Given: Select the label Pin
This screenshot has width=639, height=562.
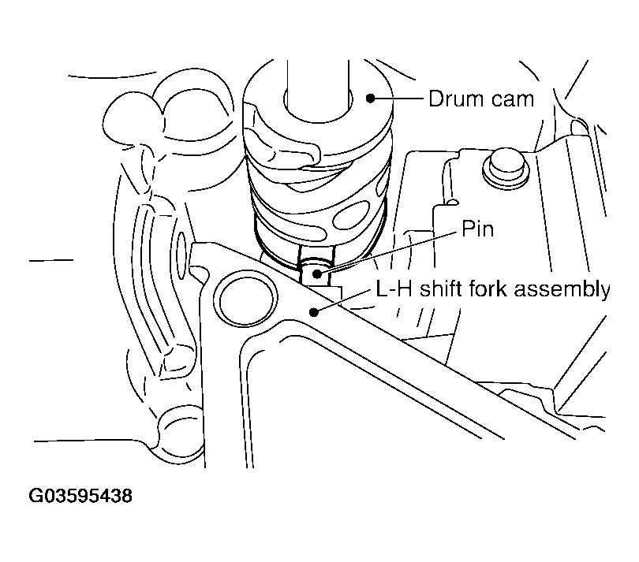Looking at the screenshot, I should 478,229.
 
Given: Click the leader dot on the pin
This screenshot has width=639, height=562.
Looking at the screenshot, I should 316,274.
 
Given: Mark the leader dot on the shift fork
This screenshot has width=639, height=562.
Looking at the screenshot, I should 315,311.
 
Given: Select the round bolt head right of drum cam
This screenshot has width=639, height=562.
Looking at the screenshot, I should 502,166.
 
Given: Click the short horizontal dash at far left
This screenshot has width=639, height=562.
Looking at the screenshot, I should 51,259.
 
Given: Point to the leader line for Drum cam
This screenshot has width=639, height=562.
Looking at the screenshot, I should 398,98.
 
